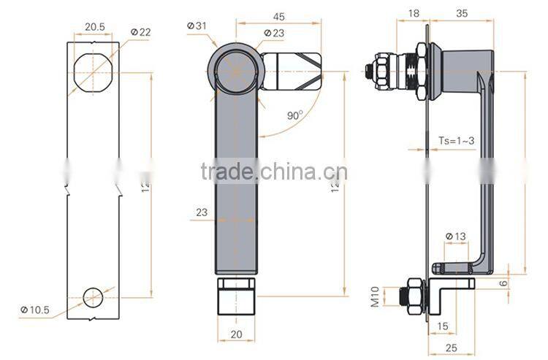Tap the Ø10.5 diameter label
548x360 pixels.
point(34,310)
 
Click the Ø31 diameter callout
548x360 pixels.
point(197,26)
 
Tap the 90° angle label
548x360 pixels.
point(294,115)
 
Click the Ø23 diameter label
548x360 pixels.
point(273,33)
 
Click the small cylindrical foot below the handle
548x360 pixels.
point(237,302)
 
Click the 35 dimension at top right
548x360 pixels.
point(461,12)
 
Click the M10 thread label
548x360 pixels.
point(374,296)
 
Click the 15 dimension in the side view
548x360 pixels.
point(443,325)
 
